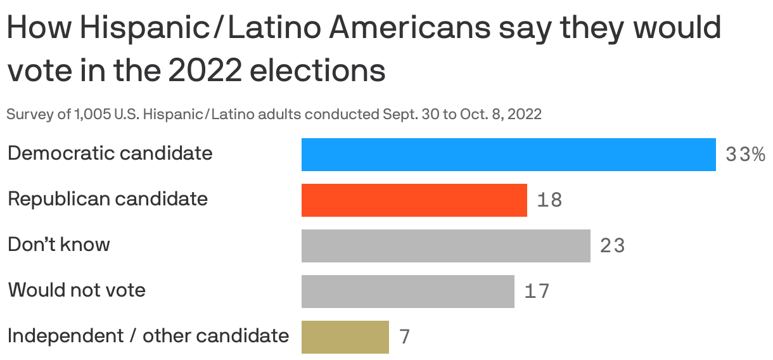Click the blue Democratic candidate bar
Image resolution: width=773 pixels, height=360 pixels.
pos(508,155)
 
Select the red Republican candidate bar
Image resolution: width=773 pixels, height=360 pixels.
pos(414,200)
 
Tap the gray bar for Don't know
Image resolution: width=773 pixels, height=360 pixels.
pos(445,246)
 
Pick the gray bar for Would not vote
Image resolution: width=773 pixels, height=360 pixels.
pos(407,292)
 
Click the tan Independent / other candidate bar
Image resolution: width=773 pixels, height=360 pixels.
pos(345,337)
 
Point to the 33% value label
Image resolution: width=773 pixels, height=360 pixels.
pos(745,155)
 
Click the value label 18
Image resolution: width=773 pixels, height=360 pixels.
pos(549,200)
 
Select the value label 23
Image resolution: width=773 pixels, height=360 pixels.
pos(612,246)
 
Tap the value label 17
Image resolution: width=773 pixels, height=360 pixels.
pos(537,292)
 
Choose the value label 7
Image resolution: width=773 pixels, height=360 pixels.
pos(405,337)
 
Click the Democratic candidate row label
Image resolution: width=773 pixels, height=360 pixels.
pos(110,153)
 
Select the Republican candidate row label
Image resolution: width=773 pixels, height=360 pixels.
pos(108,199)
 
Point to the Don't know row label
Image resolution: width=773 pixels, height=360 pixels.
pos(58,245)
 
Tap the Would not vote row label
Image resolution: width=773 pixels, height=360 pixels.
pos(77,290)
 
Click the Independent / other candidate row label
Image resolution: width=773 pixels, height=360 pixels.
pos(148,336)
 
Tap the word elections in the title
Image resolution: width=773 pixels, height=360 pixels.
pos(318,71)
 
